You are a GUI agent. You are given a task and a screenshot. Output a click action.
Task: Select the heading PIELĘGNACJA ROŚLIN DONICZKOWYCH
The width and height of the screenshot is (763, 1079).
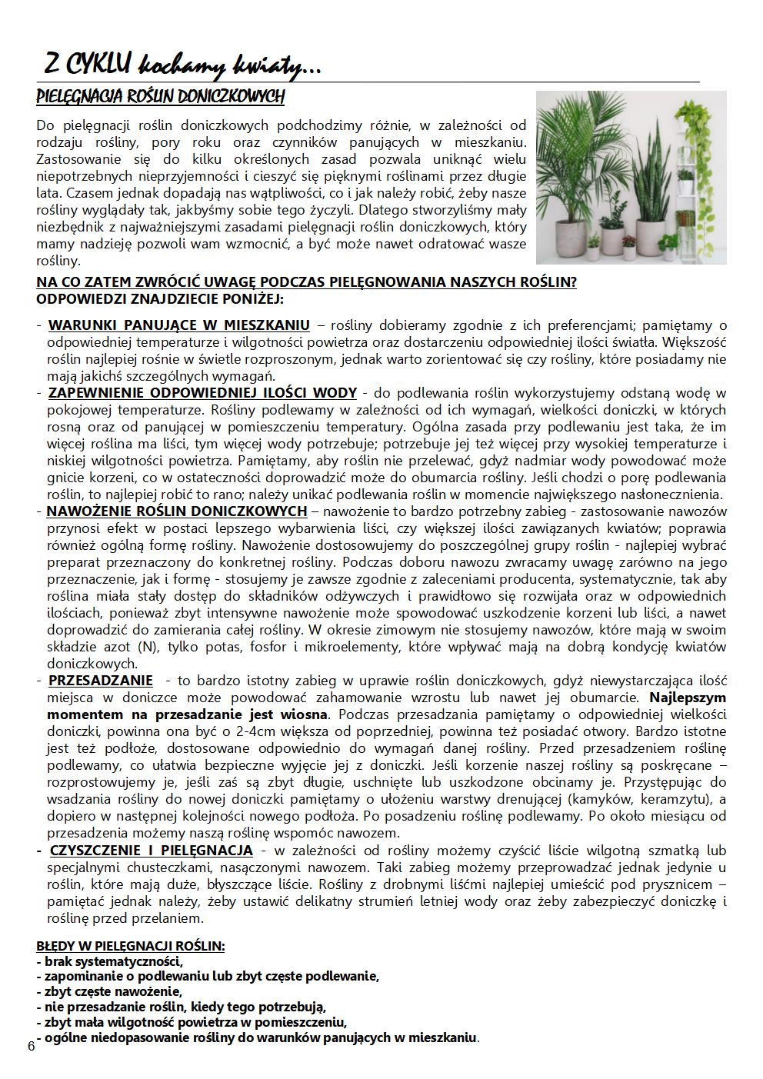tap(160, 98)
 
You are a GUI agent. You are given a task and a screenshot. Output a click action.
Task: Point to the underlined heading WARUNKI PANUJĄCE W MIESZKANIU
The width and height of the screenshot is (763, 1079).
tap(179, 325)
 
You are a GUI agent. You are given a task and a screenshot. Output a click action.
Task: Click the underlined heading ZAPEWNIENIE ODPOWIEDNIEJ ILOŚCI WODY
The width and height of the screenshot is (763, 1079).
tap(202, 393)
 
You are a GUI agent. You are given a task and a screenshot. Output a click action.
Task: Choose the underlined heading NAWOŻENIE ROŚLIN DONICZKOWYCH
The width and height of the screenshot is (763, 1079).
tap(177, 511)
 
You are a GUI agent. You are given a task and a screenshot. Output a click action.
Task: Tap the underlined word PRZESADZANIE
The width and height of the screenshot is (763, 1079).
tap(101, 681)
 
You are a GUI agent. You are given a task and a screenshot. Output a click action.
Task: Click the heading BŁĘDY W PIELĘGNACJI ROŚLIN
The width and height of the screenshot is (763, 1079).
tap(131, 946)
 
